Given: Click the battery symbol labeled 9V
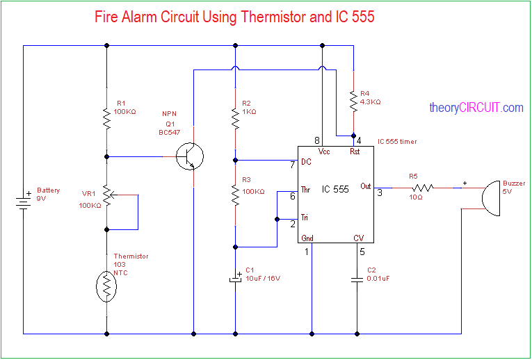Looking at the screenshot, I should (24, 201).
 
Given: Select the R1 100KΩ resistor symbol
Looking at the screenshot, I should (106, 118).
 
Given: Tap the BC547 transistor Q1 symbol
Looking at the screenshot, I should (189, 156).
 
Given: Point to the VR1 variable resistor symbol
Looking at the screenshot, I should (107, 196).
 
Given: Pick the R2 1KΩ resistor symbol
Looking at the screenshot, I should (235, 118).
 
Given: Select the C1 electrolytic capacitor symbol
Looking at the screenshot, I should (235, 279).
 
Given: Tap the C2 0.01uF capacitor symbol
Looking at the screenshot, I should (357, 279).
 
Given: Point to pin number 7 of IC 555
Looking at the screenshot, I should (293, 165).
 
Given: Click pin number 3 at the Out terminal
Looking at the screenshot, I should (380, 193).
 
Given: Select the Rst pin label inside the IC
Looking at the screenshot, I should (354, 152).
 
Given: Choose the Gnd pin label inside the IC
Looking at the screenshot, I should (307, 238).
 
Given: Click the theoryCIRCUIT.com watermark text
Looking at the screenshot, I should (476, 108).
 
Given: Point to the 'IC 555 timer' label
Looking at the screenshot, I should (397, 141).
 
